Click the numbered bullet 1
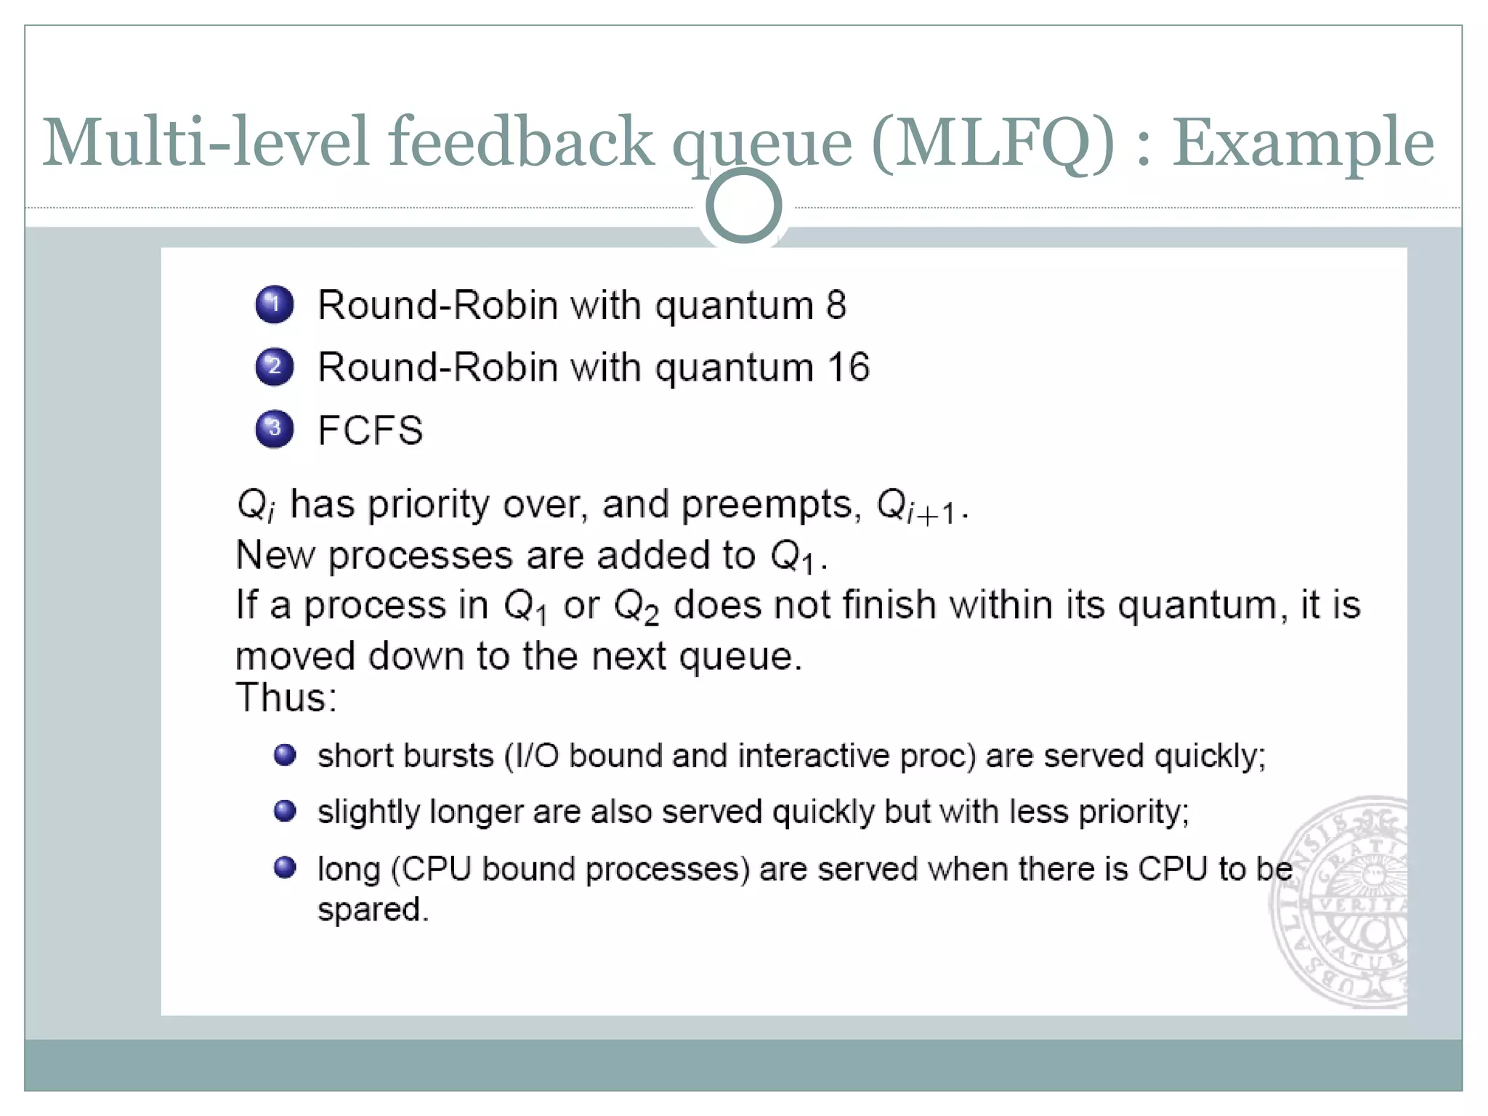[x=274, y=304]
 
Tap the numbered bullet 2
[x=274, y=366]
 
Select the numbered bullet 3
[x=274, y=429]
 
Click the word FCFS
[x=370, y=429]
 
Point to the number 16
[x=848, y=367]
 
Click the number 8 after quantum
[x=836, y=304]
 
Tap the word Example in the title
[x=1303, y=142]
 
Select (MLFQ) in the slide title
[x=992, y=142]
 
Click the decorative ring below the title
[x=743, y=206]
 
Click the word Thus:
[x=286, y=697]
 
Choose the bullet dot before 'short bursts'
[x=285, y=755]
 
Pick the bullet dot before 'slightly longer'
[x=285, y=810]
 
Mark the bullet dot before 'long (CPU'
[x=285, y=868]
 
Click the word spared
[x=373, y=910]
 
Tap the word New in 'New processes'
[x=275, y=555]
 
